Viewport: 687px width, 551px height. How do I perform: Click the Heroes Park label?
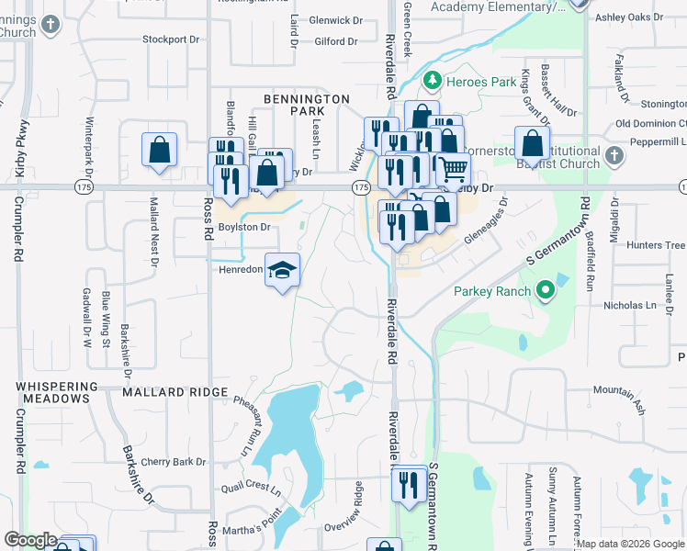480,82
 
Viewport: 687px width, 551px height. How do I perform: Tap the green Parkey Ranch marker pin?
545,292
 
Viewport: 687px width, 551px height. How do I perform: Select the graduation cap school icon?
283,270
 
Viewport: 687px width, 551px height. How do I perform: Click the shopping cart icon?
452,169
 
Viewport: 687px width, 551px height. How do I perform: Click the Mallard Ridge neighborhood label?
175,392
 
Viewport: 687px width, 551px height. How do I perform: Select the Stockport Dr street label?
171,39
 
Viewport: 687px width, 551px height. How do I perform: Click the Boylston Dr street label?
243,227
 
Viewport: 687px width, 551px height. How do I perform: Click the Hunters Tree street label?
655,245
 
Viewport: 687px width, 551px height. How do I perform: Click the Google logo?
30,540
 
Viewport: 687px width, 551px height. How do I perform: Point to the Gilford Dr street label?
335,41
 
